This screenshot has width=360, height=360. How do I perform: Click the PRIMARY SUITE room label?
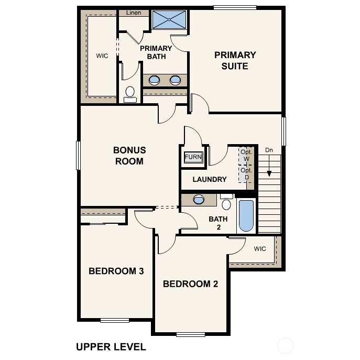(x=235, y=60)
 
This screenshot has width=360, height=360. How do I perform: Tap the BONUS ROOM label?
(x=129, y=156)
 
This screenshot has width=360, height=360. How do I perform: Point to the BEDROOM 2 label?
(x=190, y=284)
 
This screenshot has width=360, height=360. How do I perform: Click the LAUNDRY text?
(x=210, y=179)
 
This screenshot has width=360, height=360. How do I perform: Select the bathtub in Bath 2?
(x=246, y=215)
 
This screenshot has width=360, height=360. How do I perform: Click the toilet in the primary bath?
(x=130, y=94)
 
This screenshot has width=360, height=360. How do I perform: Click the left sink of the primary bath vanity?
(x=155, y=80)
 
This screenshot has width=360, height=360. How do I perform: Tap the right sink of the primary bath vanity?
(x=176, y=80)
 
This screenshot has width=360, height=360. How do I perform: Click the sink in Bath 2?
(x=199, y=199)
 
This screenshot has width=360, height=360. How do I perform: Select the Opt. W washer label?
(x=246, y=155)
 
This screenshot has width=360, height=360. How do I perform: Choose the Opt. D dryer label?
(x=245, y=173)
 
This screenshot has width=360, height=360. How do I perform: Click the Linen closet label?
(x=134, y=13)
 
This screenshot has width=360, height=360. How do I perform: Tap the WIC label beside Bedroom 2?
(x=260, y=248)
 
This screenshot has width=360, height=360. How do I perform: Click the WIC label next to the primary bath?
(x=102, y=55)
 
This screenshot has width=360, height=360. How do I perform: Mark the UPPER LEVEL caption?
(x=111, y=346)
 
